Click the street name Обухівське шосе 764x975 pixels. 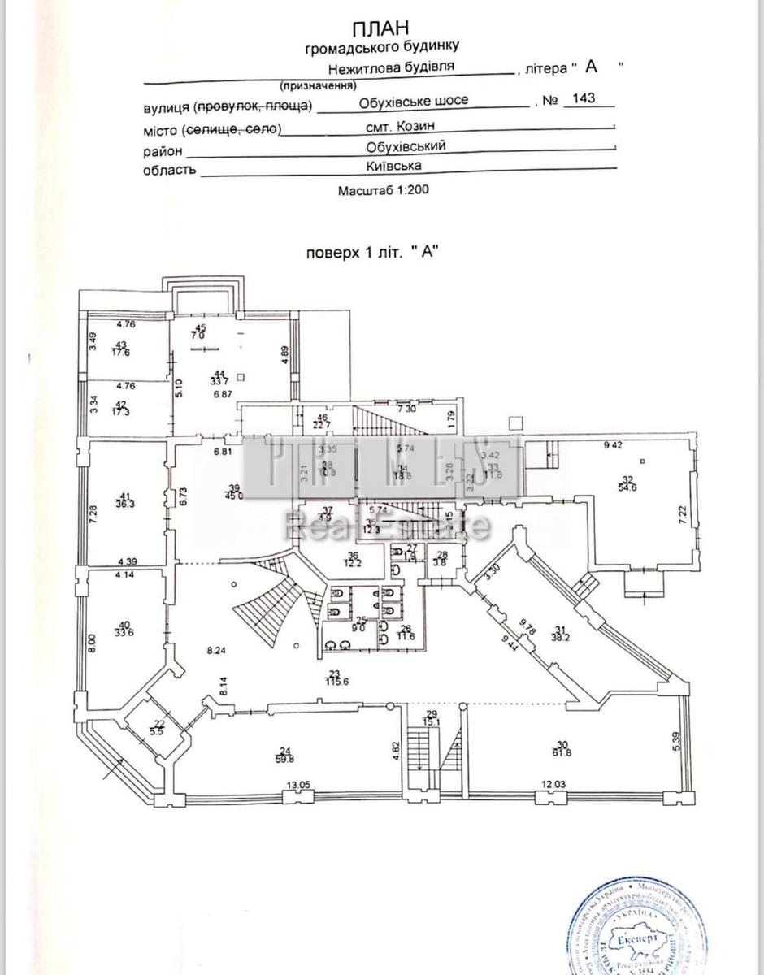point(414,101)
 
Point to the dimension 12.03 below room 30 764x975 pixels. point(557,786)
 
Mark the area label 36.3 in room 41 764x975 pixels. point(125,504)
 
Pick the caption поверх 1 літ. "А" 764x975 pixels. point(371,252)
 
